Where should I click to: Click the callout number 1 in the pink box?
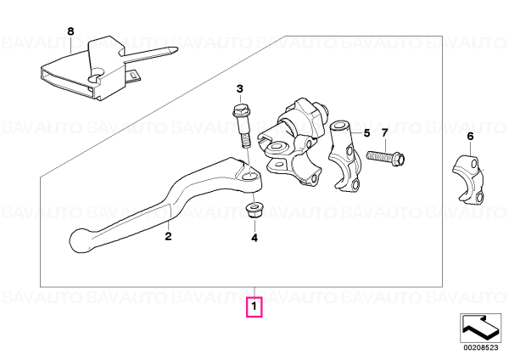tap(255, 307)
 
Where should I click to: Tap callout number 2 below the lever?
tap(168, 236)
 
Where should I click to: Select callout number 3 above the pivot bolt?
tap(239, 88)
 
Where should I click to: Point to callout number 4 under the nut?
tap(255, 238)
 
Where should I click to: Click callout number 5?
tap(366, 133)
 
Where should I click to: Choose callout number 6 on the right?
tap(470, 137)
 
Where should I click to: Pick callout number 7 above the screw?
tap(384, 133)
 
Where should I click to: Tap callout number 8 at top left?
tap(70, 31)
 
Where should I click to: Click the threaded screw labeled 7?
tap(386, 157)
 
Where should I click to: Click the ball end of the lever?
tap(79, 241)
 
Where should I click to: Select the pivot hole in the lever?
tap(249, 177)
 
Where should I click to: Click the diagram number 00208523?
tap(481, 347)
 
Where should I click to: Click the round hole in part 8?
tap(95, 76)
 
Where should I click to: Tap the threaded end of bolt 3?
tap(244, 141)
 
